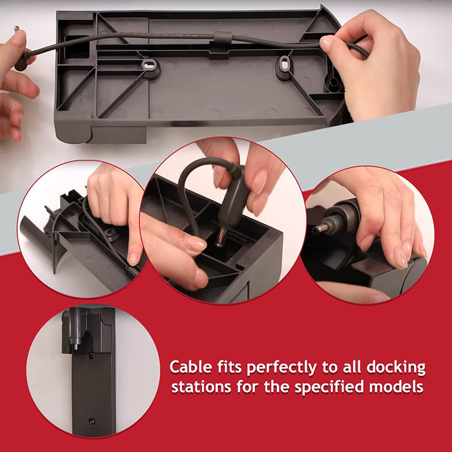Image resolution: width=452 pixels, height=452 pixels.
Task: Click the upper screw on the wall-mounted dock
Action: (91, 354)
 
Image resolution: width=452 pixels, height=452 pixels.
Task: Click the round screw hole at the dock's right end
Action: (333, 83)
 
